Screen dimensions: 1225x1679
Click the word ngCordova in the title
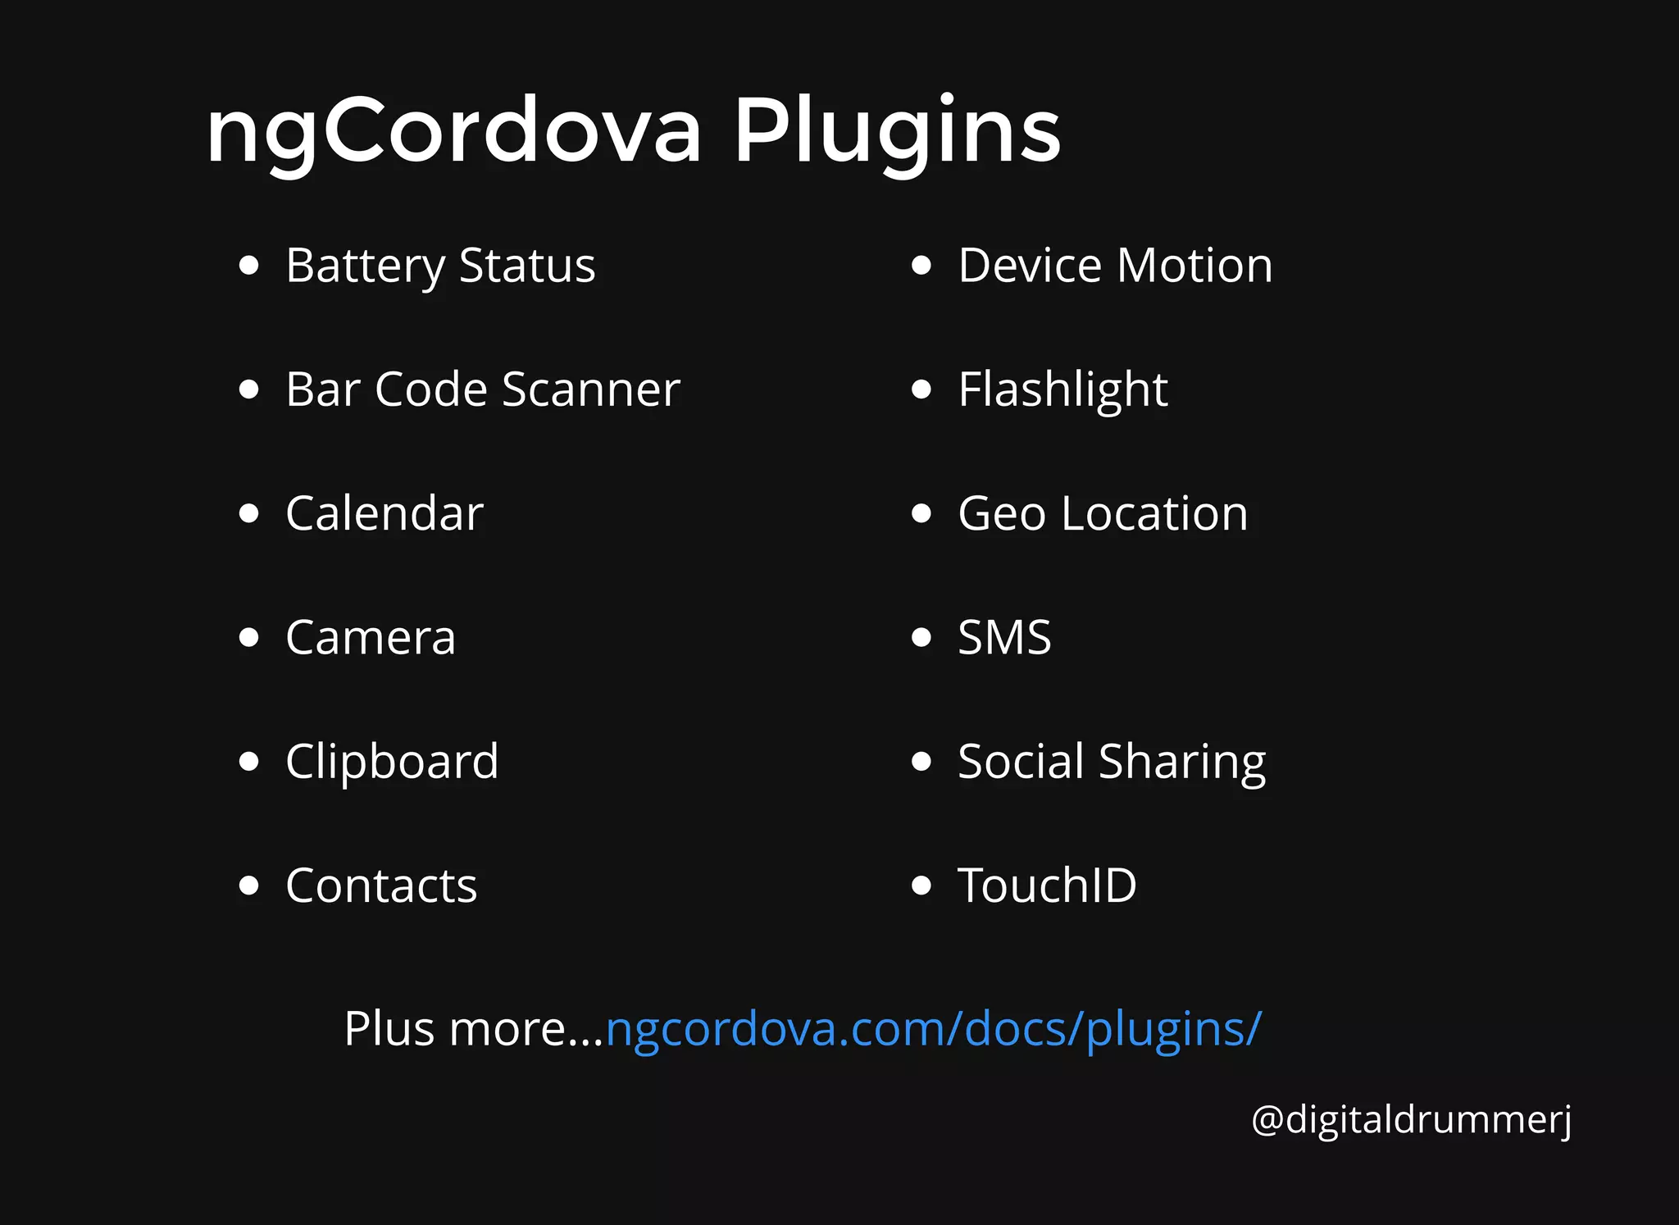point(453,131)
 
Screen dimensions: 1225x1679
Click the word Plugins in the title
point(896,131)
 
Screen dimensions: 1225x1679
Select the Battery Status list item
point(440,266)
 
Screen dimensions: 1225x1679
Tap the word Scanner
point(590,389)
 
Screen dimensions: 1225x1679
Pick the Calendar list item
point(384,514)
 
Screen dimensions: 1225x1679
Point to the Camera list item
point(371,638)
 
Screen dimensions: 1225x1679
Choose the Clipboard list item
point(392,762)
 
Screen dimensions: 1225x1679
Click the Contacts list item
point(381,886)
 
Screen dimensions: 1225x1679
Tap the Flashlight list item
point(1062,389)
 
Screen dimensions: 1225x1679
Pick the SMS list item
point(1004,638)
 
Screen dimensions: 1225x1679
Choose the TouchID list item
point(1047,886)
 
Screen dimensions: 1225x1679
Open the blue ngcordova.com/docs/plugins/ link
point(933,1029)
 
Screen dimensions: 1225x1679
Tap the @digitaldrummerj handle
point(1411,1119)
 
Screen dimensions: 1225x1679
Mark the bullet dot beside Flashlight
point(921,389)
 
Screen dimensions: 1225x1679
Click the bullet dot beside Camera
point(248,638)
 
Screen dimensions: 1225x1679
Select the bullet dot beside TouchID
point(921,886)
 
